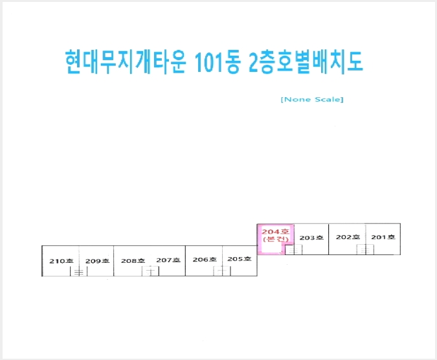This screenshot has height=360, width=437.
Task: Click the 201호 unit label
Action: pos(383,237)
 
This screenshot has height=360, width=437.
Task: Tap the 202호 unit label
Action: pos(348,237)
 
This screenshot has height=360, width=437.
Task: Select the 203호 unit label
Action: pos(311,238)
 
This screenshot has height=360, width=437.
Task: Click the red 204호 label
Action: pos(276,232)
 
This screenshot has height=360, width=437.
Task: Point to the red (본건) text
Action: pos(276,239)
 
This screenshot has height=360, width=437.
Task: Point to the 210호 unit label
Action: pos(62,261)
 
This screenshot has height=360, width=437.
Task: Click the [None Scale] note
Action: pos(312,100)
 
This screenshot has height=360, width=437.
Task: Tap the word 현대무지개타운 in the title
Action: pos(126,62)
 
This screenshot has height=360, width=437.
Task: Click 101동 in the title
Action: pos(218,62)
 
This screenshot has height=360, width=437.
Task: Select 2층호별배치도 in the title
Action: pos(306,62)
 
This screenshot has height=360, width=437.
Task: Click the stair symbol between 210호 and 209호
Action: pos(78,271)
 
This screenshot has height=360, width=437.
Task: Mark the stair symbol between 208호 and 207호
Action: pos(150,271)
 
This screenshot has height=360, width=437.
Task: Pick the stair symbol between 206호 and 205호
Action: pos(222,271)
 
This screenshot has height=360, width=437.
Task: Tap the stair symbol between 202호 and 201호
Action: pos(365,249)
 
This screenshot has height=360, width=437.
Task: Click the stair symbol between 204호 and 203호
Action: pos(293,250)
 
